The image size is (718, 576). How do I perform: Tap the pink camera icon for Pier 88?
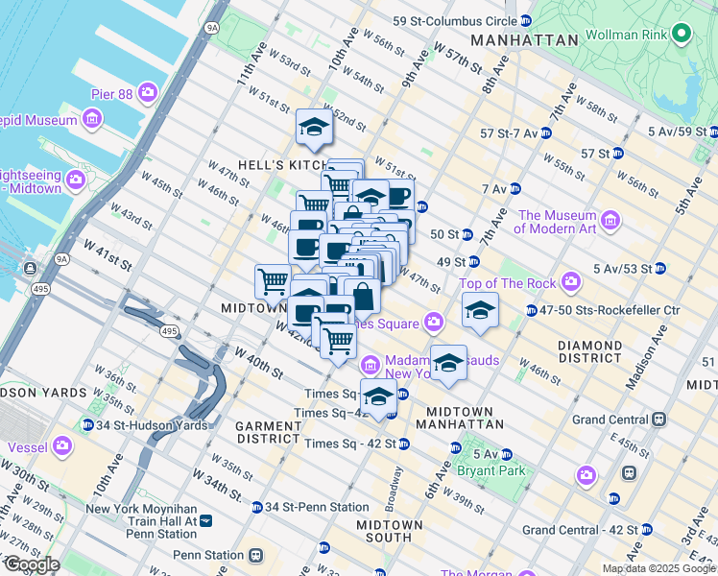click(x=148, y=92)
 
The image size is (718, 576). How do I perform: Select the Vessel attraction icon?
click(x=63, y=445)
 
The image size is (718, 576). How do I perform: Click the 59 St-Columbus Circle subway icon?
click(x=525, y=20)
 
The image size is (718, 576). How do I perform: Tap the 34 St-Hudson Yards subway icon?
click(x=88, y=425)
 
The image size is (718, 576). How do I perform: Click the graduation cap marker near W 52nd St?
click(x=314, y=127)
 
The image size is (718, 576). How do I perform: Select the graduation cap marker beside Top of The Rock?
click(x=480, y=310)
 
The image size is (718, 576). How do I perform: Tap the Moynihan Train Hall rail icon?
click(x=205, y=520)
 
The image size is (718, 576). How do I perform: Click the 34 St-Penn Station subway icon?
click(x=257, y=507)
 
